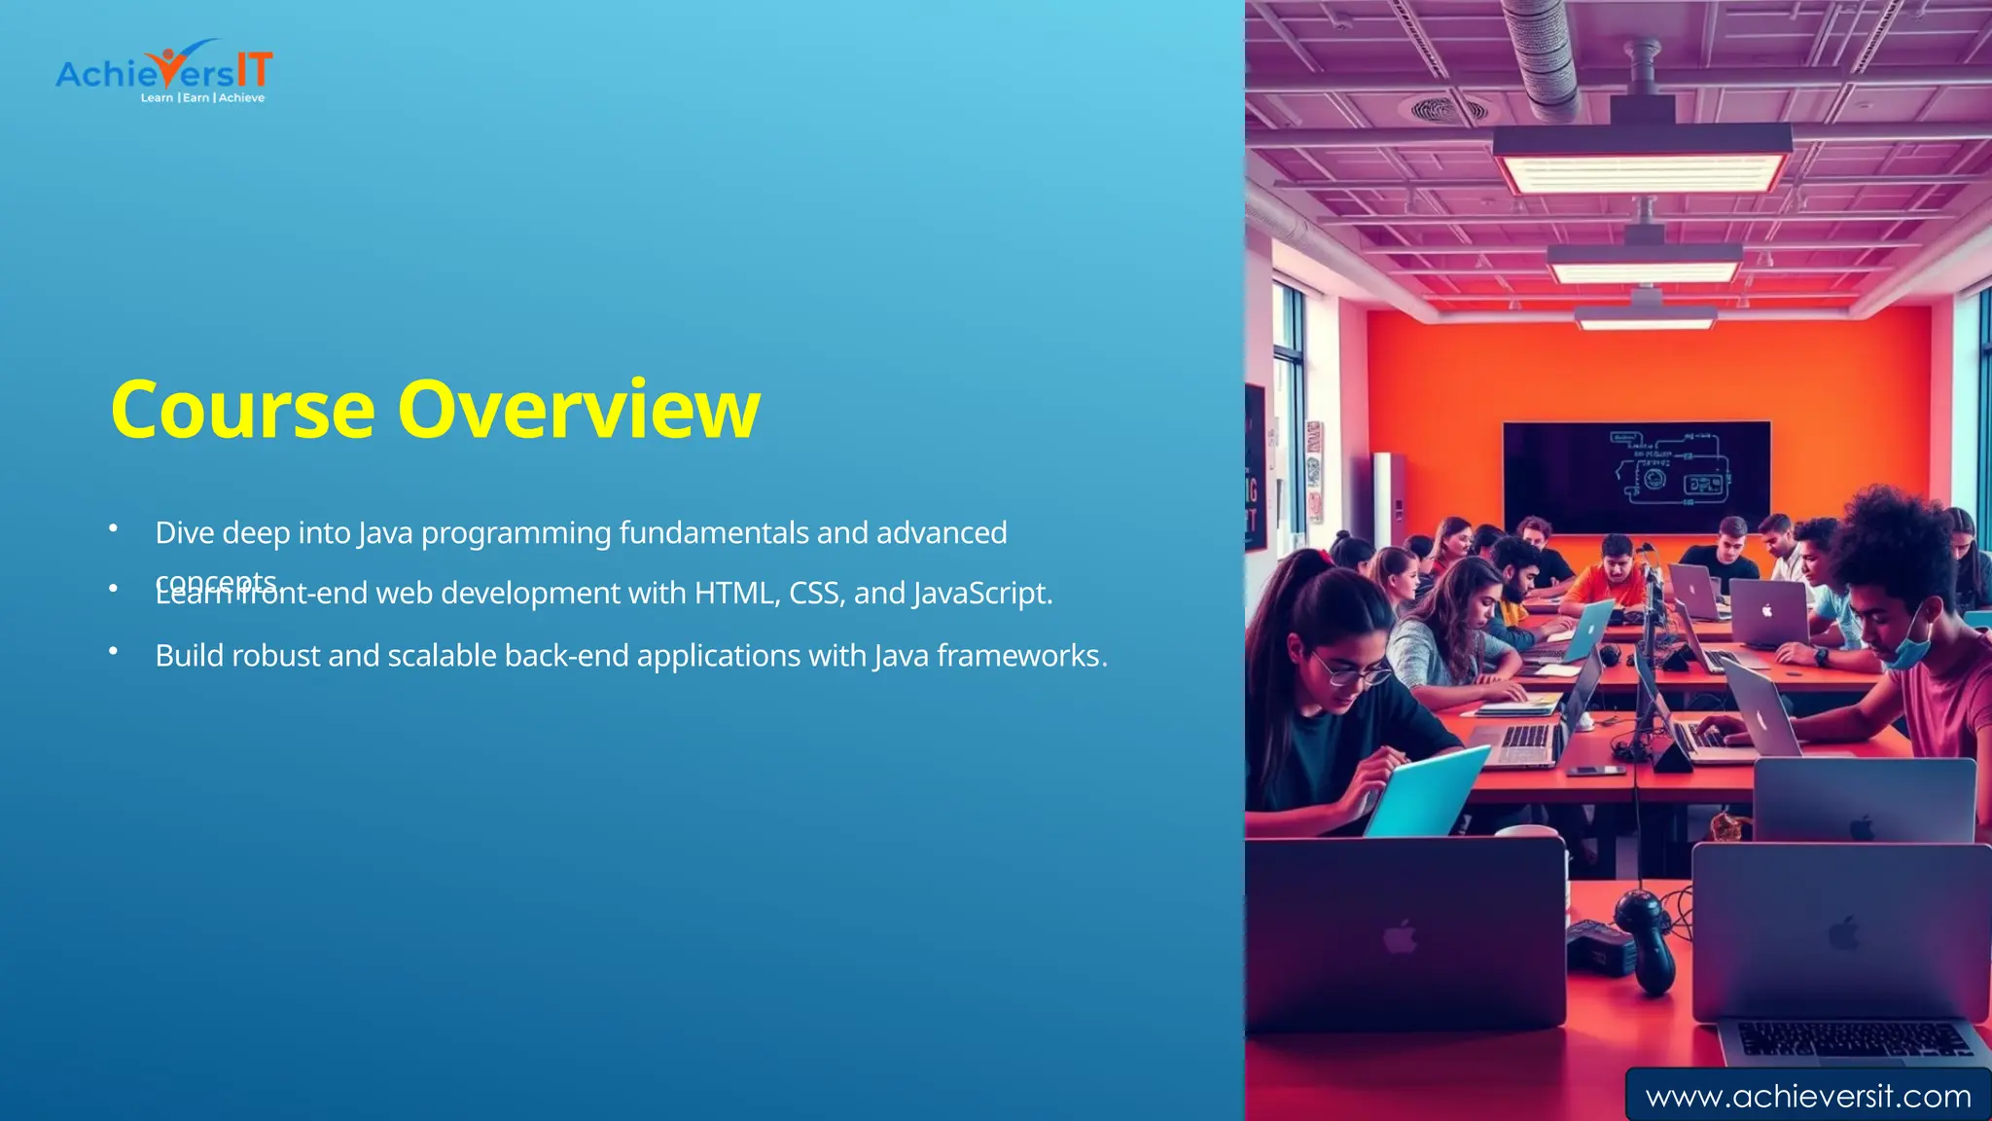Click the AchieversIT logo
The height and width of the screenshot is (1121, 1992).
163,70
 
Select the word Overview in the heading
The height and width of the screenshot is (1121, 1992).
578,411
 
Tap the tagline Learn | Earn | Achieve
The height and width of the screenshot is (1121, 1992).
202,98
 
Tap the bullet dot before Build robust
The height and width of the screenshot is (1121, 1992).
113,651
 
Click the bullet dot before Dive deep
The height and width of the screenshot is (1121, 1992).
113,528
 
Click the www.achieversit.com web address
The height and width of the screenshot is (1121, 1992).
1807,1097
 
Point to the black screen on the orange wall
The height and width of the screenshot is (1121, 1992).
1636,476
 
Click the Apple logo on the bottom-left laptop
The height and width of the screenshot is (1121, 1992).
1400,939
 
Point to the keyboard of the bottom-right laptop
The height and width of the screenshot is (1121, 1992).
1853,1039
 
